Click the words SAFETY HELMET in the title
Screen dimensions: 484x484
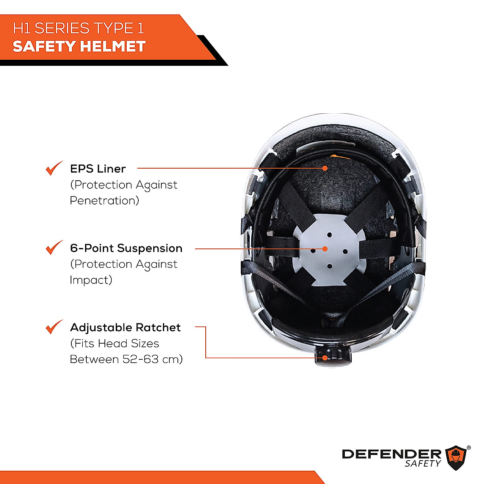(79, 46)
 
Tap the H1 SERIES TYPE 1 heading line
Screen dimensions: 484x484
(78, 28)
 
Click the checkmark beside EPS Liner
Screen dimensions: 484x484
(54, 168)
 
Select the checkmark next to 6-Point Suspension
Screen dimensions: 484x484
(54, 248)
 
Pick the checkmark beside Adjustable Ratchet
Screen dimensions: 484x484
(54, 327)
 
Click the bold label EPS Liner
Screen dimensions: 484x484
(98, 169)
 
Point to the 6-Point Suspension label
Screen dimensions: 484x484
(126, 248)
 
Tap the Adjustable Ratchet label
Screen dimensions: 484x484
(125, 328)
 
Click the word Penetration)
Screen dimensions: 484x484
(104, 200)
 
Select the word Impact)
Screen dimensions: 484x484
(91, 280)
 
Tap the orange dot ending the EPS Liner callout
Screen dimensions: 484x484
(325, 168)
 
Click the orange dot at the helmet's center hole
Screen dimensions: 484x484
(325, 249)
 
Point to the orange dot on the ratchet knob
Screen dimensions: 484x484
(325, 357)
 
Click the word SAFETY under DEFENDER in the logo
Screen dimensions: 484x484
(423, 464)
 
